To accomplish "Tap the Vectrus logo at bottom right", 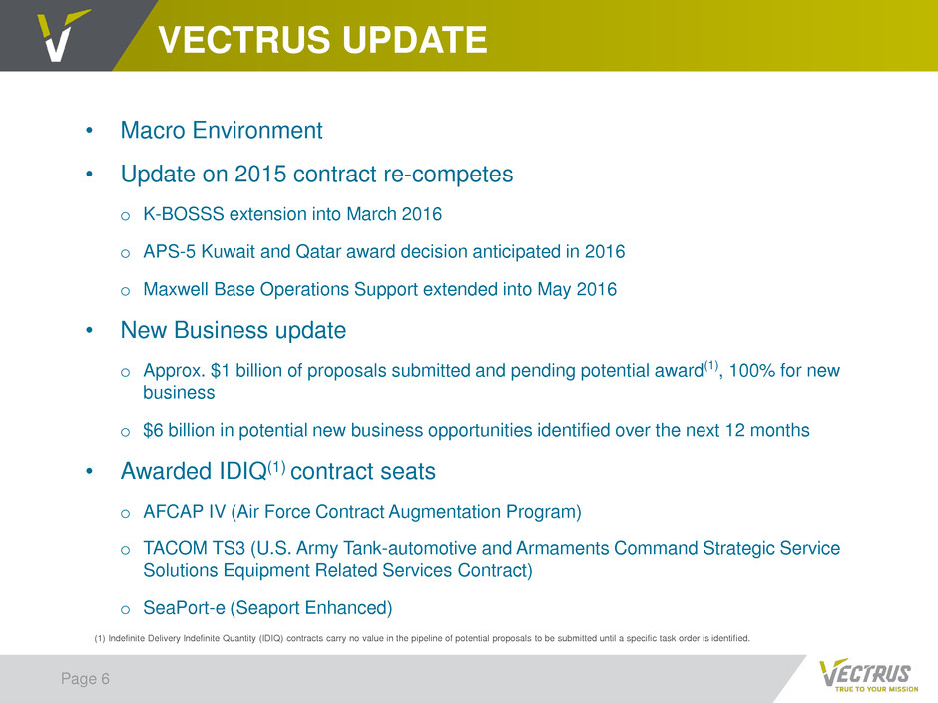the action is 868,675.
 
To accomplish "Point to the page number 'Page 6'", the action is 85,679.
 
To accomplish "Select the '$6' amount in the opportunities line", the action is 153,430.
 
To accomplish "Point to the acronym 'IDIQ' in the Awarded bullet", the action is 242,471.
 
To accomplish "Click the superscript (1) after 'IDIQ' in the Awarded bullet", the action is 276,466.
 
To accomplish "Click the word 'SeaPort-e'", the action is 184,608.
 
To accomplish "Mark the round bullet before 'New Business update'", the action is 89,331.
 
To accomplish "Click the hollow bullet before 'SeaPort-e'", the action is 125,610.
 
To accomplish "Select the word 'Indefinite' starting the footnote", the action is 126,638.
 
